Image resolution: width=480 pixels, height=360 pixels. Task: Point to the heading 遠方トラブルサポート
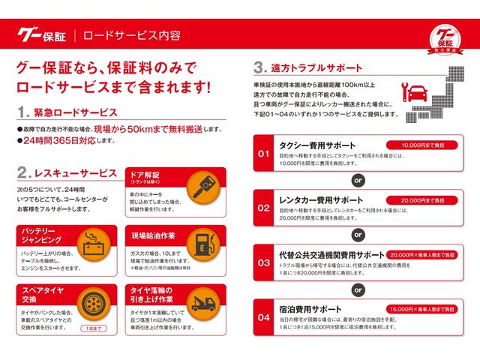click(x=312, y=66)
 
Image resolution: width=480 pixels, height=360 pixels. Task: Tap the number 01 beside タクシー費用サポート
click(x=263, y=154)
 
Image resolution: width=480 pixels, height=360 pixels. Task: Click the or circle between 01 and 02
click(x=358, y=180)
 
